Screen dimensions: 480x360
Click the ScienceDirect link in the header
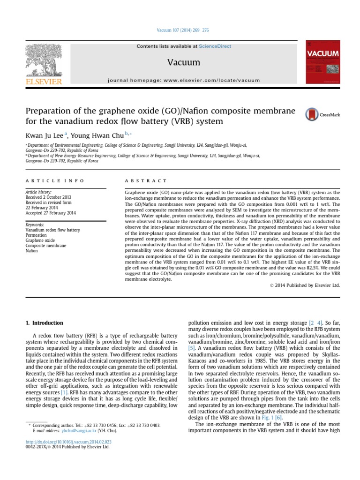pos(215,46)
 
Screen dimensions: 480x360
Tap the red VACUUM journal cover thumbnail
pos(322,62)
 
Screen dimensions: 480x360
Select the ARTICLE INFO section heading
pos(54,180)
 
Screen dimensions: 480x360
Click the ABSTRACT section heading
pos(145,180)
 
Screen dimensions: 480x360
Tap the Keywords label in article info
pos(35,225)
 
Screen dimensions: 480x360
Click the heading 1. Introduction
pos(43,323)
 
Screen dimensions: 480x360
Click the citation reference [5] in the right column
pos(192,349)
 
